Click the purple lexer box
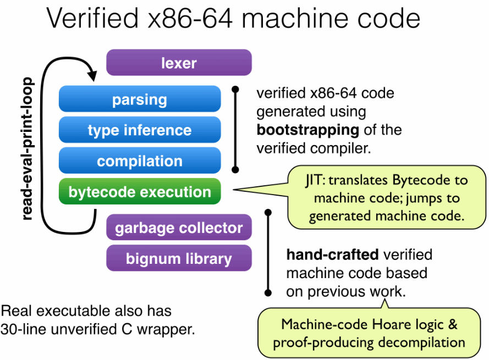click(179, 63)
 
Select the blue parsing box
click(140, 99)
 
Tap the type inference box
click(140, 130)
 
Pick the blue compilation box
click(140, 161)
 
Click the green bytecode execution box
click(140, 192)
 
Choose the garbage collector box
click(179, 228)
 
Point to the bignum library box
click(179, 258)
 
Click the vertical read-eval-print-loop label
click(28, 148)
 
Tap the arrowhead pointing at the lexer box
click(90, 72)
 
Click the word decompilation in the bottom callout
click(411, 342)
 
